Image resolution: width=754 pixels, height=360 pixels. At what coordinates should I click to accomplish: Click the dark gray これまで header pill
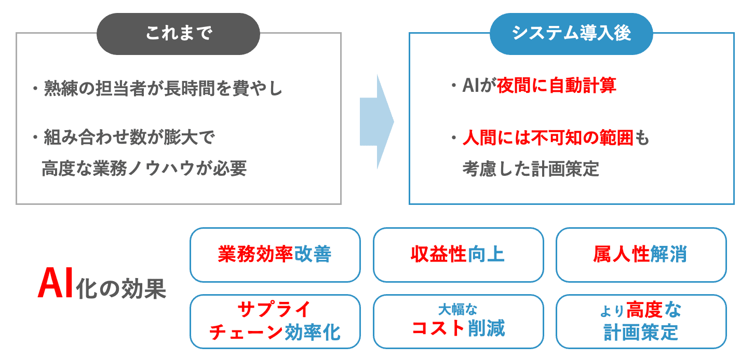click(178, 34)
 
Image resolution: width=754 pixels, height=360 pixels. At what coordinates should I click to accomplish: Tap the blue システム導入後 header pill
click(571, 34)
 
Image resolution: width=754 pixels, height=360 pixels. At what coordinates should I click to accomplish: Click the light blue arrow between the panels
click(376, 122)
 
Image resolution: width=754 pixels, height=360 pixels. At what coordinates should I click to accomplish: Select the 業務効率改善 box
click(275, 255)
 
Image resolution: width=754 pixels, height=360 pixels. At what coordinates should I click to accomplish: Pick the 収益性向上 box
click(458, 255)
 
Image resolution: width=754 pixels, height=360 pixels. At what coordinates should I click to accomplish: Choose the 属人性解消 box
click(641, 255)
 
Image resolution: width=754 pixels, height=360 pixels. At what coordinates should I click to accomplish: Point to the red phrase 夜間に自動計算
click(556, 86)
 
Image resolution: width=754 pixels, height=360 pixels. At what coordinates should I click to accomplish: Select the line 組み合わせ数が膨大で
click(128, 139)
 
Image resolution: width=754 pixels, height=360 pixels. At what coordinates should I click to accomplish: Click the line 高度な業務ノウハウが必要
click(144, 168)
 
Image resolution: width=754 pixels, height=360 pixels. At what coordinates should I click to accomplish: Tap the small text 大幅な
click(457, 310)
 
